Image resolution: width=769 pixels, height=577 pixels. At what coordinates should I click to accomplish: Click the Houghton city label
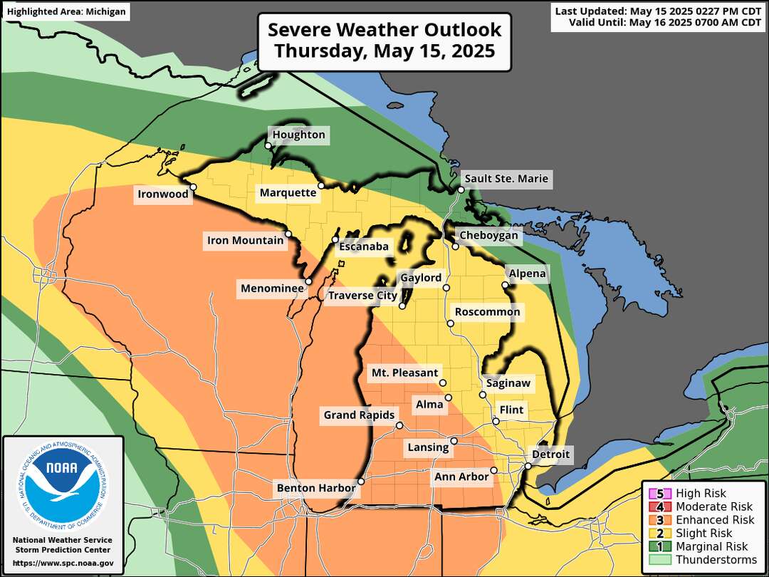pos(298,135)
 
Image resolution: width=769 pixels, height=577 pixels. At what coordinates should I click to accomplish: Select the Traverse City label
pos(362,295)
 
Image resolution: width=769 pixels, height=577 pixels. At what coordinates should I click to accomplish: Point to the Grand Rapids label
pos(359,415)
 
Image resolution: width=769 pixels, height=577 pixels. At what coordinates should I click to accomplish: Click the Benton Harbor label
pos(315,488)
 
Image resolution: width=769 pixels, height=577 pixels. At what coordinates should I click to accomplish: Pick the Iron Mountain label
pos(245,240)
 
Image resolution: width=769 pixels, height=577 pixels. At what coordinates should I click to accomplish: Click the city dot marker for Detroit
pos(527,466)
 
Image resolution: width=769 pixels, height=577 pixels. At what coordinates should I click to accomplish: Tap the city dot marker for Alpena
pos(505,285)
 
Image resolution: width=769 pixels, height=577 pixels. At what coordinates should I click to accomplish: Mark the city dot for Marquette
pos(321,185)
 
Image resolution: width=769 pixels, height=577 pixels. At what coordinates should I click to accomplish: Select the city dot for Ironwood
pos(193,187)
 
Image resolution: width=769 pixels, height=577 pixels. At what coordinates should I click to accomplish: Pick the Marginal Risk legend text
pos(712,546)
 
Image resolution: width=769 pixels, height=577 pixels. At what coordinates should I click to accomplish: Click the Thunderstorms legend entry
pos(716,560)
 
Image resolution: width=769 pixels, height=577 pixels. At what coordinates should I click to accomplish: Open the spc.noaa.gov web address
pos(63,563)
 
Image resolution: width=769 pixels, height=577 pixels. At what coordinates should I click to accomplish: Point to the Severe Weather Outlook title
pos(384,41)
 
